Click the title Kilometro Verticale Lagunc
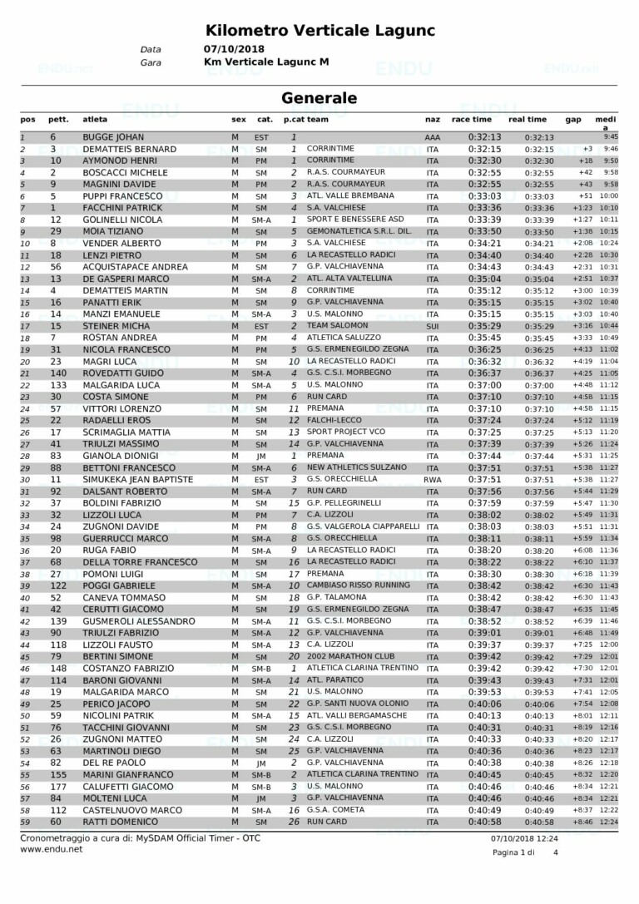coord(319,31)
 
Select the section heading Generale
coord(319,98)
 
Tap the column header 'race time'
coord(471,120)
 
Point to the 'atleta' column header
coord(95,120)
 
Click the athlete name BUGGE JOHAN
coord(113,137)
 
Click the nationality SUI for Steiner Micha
coord(432,326)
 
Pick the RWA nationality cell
coord(432,480)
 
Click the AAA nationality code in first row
coord(432,137)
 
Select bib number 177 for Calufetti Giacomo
coord(57,787)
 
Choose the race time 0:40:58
coord(484,822)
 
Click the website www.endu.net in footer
coord(52,850)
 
